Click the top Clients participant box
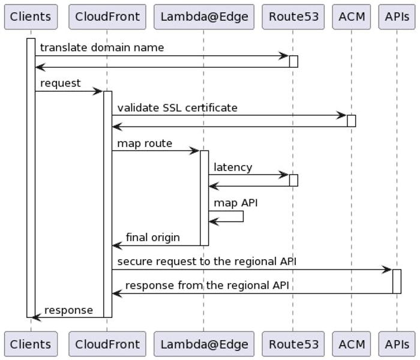tap(31, 16)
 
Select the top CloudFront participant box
tap(107, 16)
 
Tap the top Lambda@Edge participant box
tap(203, 16)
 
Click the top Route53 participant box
tap(293, 16)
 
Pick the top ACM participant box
tap(352, 16)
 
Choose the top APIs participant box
tap(397, 16)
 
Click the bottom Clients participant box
tap(31, 344)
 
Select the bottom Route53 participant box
tap(293, 344)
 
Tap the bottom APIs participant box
tap(397, 344)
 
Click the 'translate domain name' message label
tap(101, 47)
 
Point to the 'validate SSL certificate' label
tap(177, 107)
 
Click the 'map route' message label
tap(145, 143)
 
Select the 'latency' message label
tap(233, 167)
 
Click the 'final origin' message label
tap(152, 238)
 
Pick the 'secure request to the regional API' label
tap(206, 262)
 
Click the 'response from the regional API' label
tap(207, 286)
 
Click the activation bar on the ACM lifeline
tap(352, 121)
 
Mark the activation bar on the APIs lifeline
tap(397, 281)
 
